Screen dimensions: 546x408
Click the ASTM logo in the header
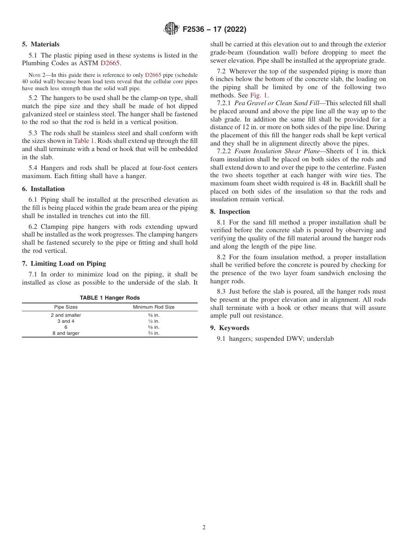click(x=171, y=29)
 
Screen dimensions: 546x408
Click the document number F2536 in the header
click(x=196, y=30)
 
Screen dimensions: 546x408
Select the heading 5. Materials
click(x=41, y=44)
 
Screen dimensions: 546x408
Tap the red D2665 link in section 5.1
click(x=110, y=63)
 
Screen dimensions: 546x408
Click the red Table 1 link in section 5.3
click(x=84, y=141)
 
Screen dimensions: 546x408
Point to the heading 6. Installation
click(x=43, y=189)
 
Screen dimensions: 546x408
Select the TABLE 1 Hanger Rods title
click(x=110, y=298)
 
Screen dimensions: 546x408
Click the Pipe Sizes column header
click(x=66, y=307)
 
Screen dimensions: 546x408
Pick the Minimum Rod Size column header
click(x=153, y=307)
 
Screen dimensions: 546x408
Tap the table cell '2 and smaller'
click(x=66, y=315)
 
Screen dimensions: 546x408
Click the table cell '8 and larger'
click(x=66, y=333)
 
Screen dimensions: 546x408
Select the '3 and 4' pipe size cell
click(x=66, y=321)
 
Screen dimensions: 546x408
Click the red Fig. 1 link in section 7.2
click(x=259, y=95)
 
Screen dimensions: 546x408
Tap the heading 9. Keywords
click(x=230, y=328)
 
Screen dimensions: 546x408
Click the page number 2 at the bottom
click(x=204, y=528)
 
